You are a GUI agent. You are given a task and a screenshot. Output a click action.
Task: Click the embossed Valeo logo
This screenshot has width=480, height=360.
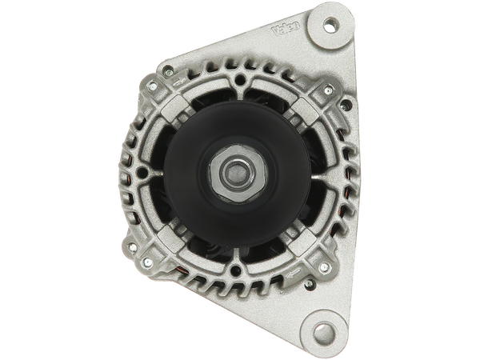click(x=286, y=29)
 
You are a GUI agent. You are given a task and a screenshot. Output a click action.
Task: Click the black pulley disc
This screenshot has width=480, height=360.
click(x=238, y=174)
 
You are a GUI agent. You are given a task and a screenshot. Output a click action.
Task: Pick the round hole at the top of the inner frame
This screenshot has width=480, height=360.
click(x=241, y=80)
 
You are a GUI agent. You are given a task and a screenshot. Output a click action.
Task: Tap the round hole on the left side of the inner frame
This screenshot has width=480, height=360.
click(x=142, y=172)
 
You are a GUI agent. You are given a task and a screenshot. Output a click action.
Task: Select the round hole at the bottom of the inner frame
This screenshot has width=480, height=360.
click(x=236, y=270)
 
